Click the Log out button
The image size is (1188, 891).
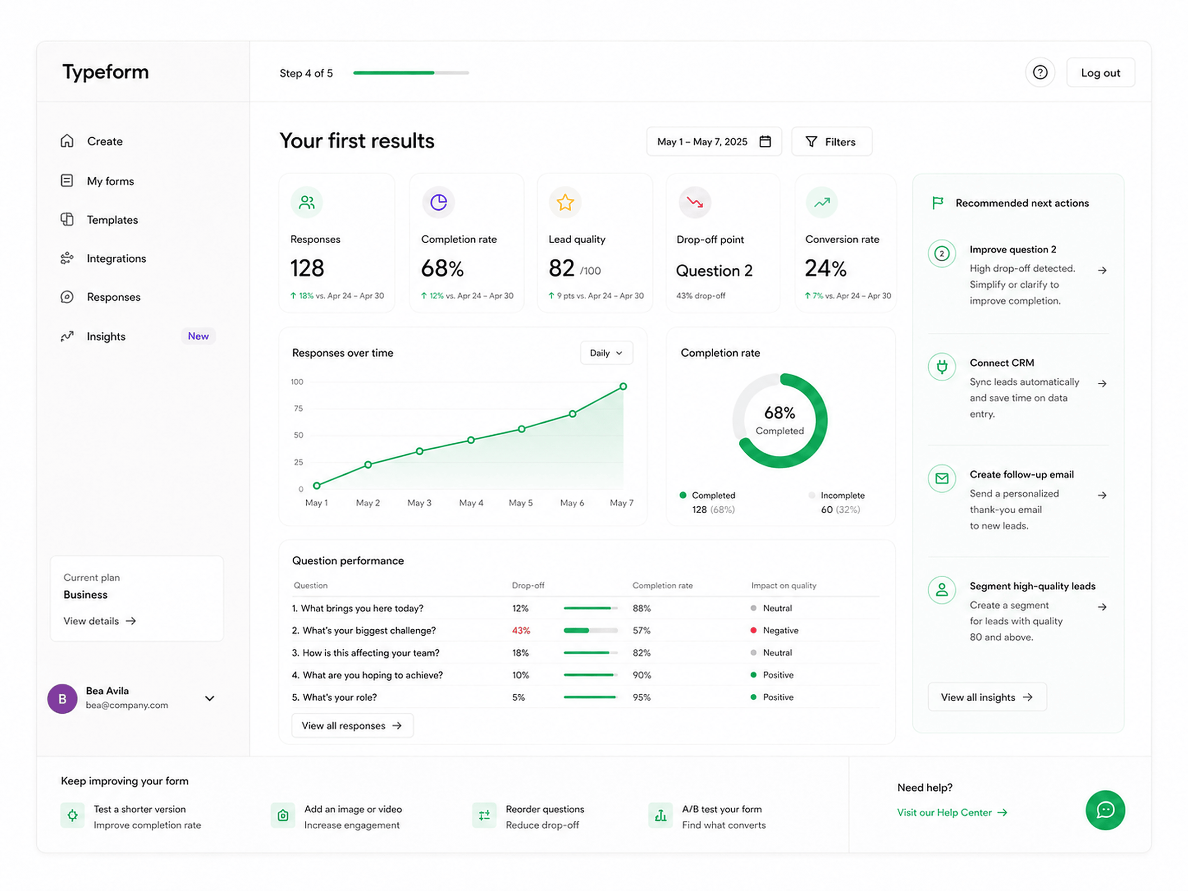click(x=1100, y=72)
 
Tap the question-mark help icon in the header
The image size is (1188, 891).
click(x=1040, y=72)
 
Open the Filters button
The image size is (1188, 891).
click(x=832, y=142)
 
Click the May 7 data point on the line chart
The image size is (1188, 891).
click(x=623, y=387)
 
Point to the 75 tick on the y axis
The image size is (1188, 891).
click(x=298, y=409)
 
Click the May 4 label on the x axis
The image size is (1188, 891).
click(x=471, y=503)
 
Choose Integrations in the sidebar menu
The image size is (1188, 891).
click(x=116, y=258)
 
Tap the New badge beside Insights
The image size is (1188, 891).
click(x=198, y=336)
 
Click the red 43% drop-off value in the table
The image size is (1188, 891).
click(x=521, y=631)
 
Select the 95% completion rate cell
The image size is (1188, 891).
click(x=641, y=697)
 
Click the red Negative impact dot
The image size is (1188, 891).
click(x=754, y=631)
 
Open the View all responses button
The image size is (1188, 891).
click(x=352, y=726)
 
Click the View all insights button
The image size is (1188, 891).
click(x=987, y=697)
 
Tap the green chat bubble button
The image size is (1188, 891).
click(x=1105, y=810)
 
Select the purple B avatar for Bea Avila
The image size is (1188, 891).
click(x=62, y=699)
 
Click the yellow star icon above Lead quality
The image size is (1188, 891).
click(x=565, y=202)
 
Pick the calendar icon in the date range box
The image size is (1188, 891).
click(x=765, y=141)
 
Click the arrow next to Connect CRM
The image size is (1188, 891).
click(x=1102, y=383)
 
